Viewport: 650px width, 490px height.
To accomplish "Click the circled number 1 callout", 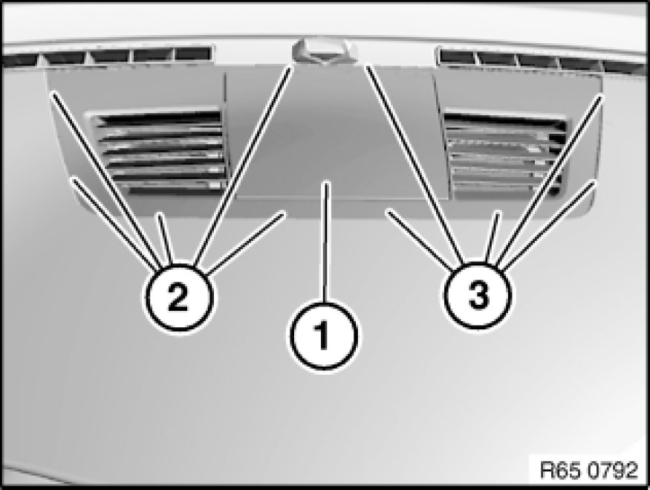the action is [x=324, y=335].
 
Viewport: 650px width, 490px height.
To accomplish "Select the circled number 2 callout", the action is [x=178, y=297].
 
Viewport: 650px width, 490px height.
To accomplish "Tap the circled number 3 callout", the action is [x=478, y=295].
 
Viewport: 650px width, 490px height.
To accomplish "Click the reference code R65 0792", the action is [x=588, y=470].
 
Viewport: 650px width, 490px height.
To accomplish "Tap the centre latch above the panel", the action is [x=324, y=51].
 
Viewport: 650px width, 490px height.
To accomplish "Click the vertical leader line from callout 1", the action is [x=326, y=241].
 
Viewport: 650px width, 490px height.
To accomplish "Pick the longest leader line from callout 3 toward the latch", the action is [x=415, y=165].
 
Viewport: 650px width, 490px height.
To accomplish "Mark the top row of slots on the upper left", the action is [x=108, y=57].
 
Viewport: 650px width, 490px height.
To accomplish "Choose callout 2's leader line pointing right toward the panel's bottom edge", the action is [x=245, y=244].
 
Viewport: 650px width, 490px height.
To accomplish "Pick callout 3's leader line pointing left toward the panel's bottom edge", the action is [x=420, y=239].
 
